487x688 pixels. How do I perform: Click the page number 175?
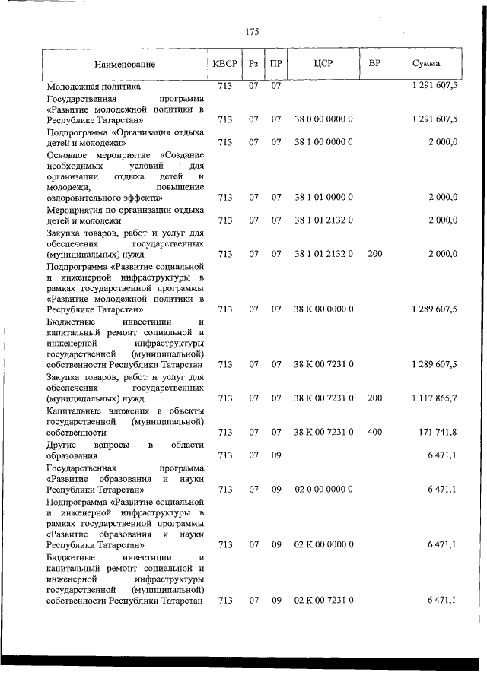coord(252,32)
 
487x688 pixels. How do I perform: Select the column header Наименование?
coord(125,65)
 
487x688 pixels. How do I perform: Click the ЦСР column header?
coord(323,64)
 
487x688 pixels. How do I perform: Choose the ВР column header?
coord(374,63)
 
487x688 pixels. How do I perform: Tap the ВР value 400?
coord(374,432)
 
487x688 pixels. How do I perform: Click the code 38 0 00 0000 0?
coord(323,119)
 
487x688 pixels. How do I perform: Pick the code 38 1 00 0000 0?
coord(323,142)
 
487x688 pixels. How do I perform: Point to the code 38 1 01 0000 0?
coord(323,197)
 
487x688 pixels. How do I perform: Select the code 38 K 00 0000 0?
coord(323,309)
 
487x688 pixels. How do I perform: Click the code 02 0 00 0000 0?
coord(323,489)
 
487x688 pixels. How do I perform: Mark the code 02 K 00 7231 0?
coord(323,601)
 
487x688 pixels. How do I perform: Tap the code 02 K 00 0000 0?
coord(323,545)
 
